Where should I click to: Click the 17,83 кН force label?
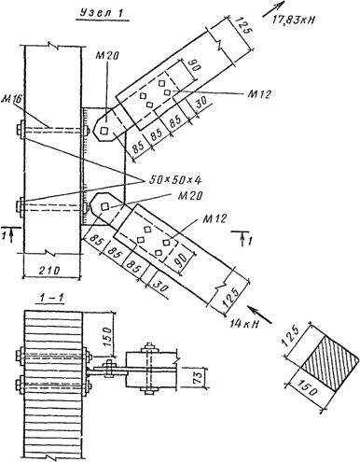click(293, 21)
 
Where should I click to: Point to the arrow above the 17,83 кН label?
click(273, 9)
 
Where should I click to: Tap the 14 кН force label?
click(244, 324)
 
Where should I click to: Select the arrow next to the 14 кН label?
click(259, 314)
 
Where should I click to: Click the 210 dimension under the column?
click(49, 270)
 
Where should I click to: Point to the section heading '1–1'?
click(50, 298)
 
